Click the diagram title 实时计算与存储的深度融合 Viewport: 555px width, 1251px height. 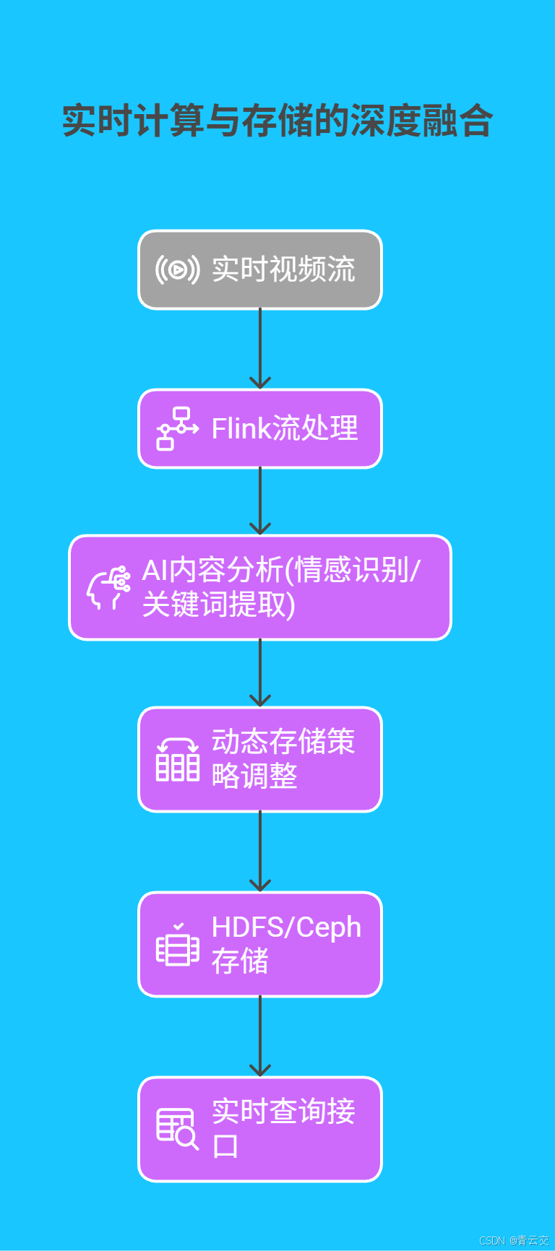click(277, 121)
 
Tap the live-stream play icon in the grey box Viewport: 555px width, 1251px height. click(177, 270)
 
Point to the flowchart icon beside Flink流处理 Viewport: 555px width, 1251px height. click(177, 429)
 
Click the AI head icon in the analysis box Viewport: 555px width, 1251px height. click(109, 587)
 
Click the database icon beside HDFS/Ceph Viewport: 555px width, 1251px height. click(178, 945)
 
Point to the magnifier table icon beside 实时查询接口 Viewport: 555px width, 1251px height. click(178, 1129)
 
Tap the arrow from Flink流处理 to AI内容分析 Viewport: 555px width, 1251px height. click(260, 501)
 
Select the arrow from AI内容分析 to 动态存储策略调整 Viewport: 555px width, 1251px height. click(260, 673)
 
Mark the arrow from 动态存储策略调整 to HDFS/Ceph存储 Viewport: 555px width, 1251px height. click(260, 852)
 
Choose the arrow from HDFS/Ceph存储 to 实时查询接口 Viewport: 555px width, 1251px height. click(260, 1036)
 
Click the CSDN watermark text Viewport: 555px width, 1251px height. click(514, 1240)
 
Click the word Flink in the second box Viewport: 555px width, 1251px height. click(241, 429)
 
